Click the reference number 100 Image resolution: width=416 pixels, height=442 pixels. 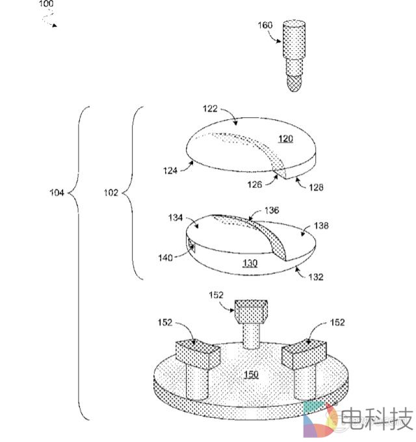click(46, 4)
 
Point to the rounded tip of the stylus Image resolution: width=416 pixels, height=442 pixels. click(294, 83)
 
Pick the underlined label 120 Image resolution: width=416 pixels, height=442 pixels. click(285, 138)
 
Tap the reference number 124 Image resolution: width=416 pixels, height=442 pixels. click(171, 171)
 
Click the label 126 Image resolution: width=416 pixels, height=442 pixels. click(254, 184)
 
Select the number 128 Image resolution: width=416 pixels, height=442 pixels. click(315, 187)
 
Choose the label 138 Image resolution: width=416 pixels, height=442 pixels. click(320, 226)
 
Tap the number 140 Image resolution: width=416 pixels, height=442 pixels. click(165, 258)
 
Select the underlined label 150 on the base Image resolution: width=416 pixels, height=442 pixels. click(250, 374)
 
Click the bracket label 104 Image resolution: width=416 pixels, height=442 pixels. click(57, 192)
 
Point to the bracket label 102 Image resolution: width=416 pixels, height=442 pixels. click(112, 192)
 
